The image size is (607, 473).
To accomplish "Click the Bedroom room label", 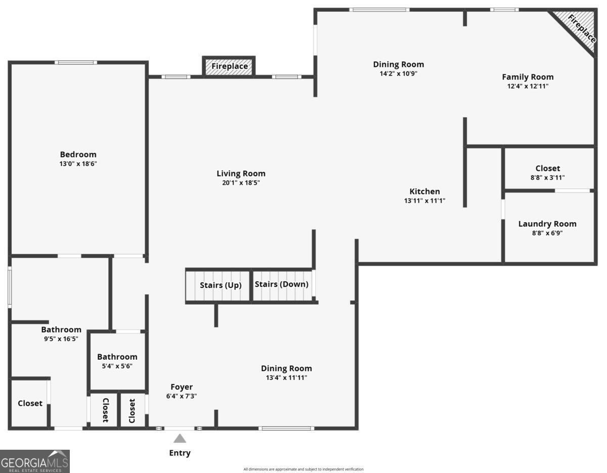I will coord(78,154).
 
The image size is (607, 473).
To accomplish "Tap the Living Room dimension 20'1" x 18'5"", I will coord(241,183).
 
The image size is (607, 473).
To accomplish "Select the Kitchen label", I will coord(424,191).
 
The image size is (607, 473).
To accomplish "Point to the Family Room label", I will coord(528,77).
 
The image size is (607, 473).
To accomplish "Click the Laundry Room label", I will coord(547,224).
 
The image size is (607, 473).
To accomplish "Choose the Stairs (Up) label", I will coord(221,285).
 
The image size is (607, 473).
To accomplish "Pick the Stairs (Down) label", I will coord(281,284).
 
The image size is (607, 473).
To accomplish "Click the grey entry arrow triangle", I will coord(180,438).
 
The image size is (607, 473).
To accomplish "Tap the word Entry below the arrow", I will coord(180,453).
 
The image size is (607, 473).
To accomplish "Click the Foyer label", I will coord(181,387).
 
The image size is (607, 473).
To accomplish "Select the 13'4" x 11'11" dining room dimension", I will coord(286,377).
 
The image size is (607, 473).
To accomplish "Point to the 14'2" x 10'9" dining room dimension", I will coord(399,73).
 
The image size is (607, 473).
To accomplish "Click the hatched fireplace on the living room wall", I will coord(229,67).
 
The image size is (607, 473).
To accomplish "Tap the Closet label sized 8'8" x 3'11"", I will coord(548,168).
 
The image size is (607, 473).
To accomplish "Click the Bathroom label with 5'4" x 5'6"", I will coord(117,357).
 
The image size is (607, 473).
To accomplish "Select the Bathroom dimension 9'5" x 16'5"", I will coord(61,339).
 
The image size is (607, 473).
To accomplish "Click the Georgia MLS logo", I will coord(35,461).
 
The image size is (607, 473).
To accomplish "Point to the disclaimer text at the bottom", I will coord(303,469).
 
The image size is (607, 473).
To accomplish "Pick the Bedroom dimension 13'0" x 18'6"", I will coord(78,164).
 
